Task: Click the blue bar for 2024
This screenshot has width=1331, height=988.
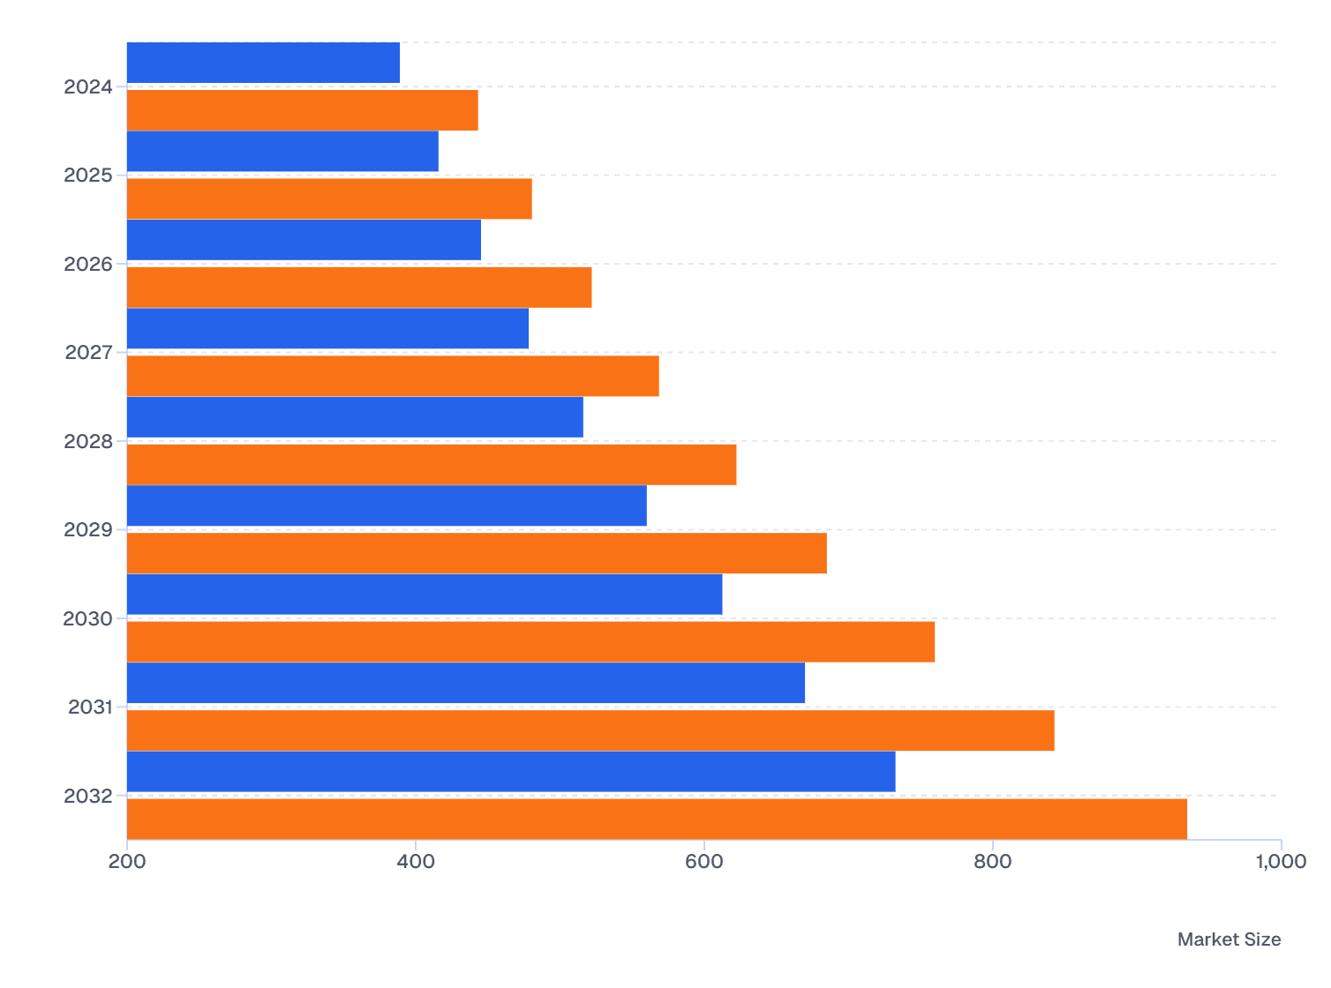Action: (x=263, y=63)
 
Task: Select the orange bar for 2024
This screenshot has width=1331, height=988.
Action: (x=302, y=110)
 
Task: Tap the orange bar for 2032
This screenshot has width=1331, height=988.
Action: (x=657, y=819)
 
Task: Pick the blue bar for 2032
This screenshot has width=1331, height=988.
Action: (x=511, y=772)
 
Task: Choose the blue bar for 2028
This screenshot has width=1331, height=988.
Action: (x=355, y=417)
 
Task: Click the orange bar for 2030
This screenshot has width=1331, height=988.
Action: (x=530, y=641)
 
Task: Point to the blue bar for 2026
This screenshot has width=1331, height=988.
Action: (x=304, y=240)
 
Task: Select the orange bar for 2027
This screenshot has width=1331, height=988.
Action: (x=393, y=376)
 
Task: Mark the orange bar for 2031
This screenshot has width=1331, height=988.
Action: (x=590, y=730)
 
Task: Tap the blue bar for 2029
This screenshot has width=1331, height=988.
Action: (x=387, y=505)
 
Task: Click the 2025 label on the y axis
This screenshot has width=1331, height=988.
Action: (x=88, y=176)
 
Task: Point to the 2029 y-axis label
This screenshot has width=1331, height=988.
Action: (x=88, y=530)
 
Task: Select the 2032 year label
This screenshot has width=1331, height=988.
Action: (x=88, y=797)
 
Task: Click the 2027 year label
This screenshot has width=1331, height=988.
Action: (x=89, y=353)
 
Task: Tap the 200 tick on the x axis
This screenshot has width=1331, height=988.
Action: (x=127, y=862)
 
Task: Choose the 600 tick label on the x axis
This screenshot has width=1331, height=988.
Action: (x=704, y=862)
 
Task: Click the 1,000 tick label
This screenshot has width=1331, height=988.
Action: (x=1280, y=862)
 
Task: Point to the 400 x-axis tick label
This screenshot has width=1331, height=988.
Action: (x=416, y=862)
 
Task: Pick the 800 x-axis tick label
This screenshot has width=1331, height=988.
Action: (x=993, y=862)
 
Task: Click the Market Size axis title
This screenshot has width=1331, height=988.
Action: (x=1229, y=939)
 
